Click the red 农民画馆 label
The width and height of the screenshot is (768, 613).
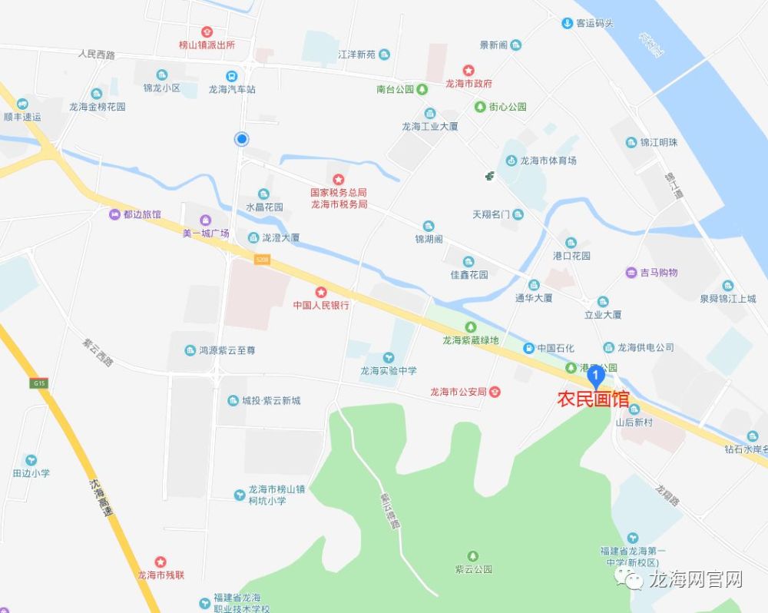coord(593,399)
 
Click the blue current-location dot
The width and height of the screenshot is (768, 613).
coord(242,139)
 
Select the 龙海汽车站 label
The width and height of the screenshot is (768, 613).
coord(232,89)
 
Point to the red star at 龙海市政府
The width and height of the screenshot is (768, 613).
coord(468,71)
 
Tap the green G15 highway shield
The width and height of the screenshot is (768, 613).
coord(40,383)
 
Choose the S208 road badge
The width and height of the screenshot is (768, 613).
coord(263,260)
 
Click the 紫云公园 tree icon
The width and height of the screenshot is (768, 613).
coord(472,555)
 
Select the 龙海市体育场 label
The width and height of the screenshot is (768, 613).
coord(548,161)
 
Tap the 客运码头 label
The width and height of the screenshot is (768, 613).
coord(595,23)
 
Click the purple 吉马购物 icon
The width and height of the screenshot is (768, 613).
coord(631,272)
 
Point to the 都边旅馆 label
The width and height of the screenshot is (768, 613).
coord(142,214)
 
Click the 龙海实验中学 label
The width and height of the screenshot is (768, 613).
coord(389,370)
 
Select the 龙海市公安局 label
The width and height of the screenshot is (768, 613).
coord(458,392)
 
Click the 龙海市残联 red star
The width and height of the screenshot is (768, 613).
coord(161,562)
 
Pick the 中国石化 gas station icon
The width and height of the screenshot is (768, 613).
coord(528,348)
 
